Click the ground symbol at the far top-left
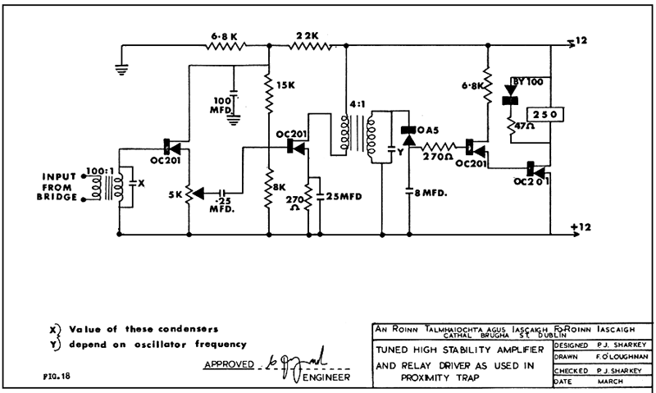click(122, 69)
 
